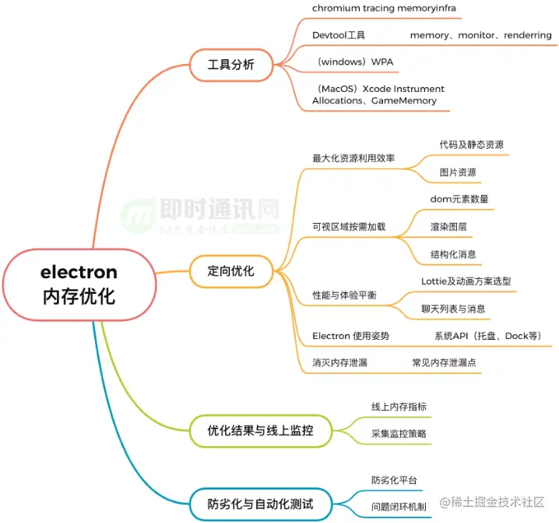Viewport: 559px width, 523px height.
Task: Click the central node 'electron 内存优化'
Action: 79,284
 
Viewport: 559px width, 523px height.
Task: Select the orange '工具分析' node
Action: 230,65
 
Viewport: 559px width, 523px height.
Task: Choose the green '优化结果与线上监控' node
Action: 260,429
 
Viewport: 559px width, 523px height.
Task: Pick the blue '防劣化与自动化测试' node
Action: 260,504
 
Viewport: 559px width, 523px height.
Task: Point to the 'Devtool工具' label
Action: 339,35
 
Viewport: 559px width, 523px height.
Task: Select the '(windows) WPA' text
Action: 354,61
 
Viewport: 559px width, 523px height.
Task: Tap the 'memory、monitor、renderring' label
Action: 480,35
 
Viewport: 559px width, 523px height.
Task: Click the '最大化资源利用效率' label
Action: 353,158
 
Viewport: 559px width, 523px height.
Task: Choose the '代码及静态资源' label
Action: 471,145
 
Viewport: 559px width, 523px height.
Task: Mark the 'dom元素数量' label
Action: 459,199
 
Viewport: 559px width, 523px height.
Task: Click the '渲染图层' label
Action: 448,226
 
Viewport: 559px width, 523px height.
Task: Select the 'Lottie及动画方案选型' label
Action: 466,281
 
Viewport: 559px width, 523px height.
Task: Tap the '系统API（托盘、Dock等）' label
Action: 487,336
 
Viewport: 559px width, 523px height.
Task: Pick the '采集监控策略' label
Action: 399,434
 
